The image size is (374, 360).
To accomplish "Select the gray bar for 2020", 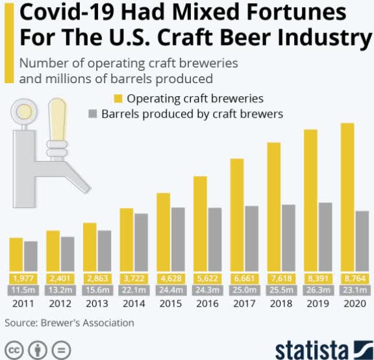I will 362,240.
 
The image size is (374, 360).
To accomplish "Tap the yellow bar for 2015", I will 163,231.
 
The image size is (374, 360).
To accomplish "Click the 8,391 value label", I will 310,277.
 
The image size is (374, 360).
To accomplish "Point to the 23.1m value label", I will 355,289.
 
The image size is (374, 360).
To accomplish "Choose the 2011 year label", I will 23,303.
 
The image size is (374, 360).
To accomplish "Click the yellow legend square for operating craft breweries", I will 118,99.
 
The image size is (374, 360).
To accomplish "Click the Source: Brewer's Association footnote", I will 69,322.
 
